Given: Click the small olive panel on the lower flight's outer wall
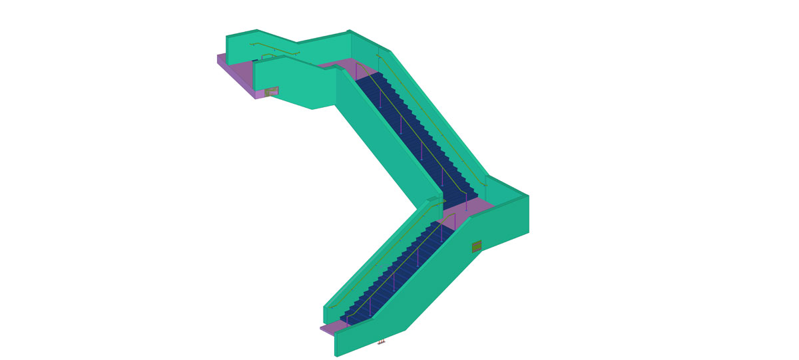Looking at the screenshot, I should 477,247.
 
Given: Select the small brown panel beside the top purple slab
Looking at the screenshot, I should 272,91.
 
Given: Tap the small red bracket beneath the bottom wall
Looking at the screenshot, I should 382,342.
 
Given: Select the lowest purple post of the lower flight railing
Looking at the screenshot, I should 347,320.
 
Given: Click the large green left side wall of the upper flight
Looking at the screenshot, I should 386,146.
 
